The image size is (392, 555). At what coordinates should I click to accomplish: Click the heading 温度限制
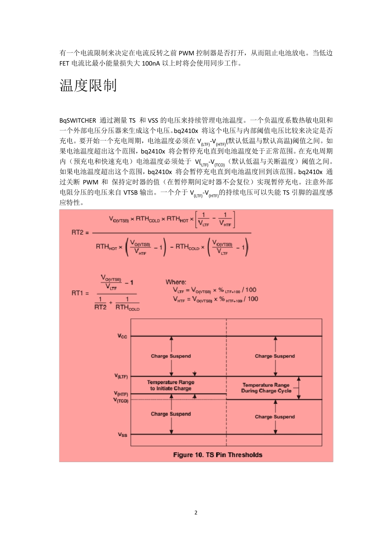tap(88, 85)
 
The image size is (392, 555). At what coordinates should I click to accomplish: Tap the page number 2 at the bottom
tap(196, 512)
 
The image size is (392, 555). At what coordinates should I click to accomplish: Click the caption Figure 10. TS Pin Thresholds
tap(217, 455)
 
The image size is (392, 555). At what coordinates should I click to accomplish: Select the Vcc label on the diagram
tap(122, 336)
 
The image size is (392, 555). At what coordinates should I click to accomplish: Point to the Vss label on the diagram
tap(123, 434)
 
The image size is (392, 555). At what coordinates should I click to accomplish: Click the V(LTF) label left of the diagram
tap(121, 376)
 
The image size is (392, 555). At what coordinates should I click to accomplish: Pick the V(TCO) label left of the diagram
tap(121, 400)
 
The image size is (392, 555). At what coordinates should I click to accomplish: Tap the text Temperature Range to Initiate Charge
tap(170, 385)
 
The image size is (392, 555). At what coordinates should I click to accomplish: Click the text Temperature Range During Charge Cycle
tap(266, 388)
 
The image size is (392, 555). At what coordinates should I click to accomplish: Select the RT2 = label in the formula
tap(80, 232)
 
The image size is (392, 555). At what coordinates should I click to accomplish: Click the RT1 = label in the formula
tap(80, 293)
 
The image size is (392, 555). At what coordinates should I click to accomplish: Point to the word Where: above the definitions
tap(176, 282)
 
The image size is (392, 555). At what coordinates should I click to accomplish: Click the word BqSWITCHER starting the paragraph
tap(78, 121)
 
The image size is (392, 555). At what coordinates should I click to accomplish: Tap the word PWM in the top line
tap(187, 53)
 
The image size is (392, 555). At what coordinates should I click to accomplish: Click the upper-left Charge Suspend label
tap(171, 356)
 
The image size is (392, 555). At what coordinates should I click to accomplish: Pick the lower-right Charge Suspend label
tap(275, 417)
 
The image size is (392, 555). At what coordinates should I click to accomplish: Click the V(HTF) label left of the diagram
tap(121, 394)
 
